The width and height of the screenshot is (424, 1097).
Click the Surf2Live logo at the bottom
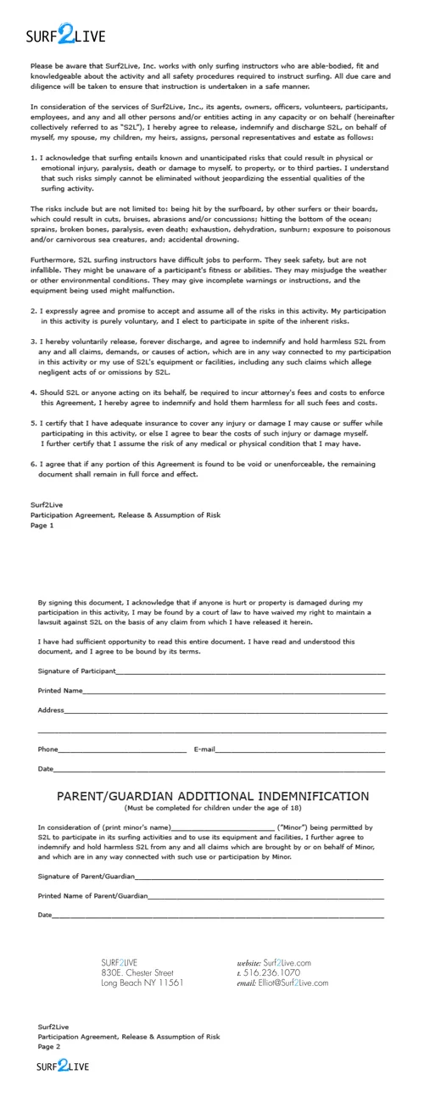coord(63,1066)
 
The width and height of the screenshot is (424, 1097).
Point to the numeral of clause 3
coord(33,342)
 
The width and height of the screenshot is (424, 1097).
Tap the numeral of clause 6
coord(33,465)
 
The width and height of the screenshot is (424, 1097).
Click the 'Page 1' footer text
coord(42,526)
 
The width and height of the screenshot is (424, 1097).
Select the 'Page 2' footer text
coord(49,1046)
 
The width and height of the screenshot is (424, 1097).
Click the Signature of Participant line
coord(250,671)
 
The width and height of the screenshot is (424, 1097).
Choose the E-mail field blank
coord(300,749)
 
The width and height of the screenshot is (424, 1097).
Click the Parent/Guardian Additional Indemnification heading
coord(212,796)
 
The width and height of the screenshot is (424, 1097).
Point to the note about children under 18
coord(212,808)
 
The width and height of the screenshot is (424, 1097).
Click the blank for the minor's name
coord(222,827)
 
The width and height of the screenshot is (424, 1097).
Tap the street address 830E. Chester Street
coord(137,972)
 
